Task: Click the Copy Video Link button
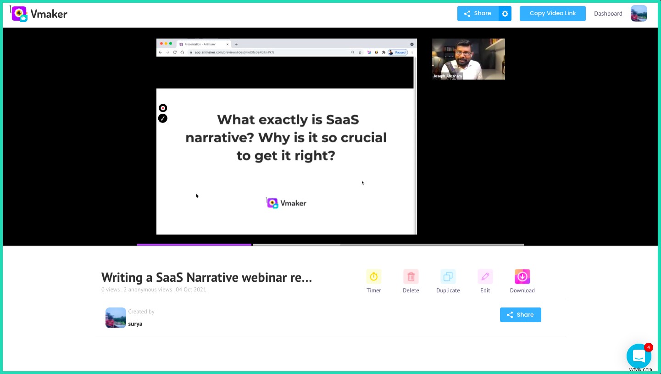click(x=552, y=13)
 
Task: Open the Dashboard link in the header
click(x=608, y=14)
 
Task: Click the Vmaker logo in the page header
click(x=39, y=14)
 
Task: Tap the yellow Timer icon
click(x=373, y=277)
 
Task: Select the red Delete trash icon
click(x=411, y=277)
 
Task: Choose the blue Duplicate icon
click(x=448, y=277)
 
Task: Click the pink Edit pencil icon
click(x=485, y=277)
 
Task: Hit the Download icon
click(x=522, y=277)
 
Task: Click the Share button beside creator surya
click(x=520, y=315)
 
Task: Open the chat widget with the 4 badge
click(x=639, y=356)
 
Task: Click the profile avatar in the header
click(x=639, y=13)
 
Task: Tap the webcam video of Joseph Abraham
click(x=468, y=59)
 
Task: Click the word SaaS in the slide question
click(x=342, y=120)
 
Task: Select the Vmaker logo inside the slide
click(x=286, y=203)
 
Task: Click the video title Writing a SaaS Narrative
click(x=206, y=278)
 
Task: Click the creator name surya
click(x=135, y=324)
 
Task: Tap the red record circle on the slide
click(x=163, y=108)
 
